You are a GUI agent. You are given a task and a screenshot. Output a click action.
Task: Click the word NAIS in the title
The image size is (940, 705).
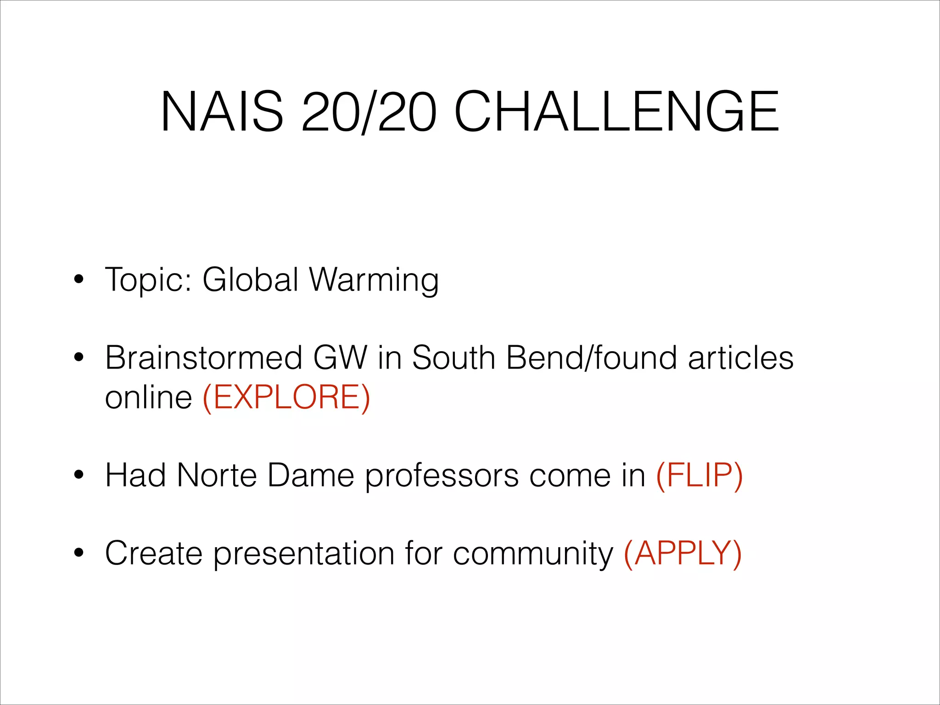pyautogui.click(x=222, y=112)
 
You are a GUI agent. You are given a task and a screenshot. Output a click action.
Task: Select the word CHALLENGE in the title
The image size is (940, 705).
pyautogui.click(x=616, y=112)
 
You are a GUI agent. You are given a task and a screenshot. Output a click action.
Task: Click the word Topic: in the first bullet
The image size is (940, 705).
pyautogui.click(x=148, y=280)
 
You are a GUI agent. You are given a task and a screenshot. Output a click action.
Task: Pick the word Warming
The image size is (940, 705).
pyautogui.click(x=374, y=280)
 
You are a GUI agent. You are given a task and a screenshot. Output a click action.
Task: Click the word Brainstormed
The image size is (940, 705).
pyautogui.click(x=203, y=358)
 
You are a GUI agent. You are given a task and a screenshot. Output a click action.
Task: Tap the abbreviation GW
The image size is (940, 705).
pyautogui.click(x=340, y=358)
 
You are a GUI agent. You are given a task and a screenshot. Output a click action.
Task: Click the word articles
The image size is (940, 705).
pyautogui.click(x=740, y=358)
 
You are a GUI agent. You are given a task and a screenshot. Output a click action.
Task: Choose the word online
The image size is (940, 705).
pyautogui.click(x=148, y=397)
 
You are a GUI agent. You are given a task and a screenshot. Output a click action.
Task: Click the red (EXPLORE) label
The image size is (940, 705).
pyautogui.click(x=286, y=397)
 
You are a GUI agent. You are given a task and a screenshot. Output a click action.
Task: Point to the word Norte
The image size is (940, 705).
pyautogui.click(x=217, y=475)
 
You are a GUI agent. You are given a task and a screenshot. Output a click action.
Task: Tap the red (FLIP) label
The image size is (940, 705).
pyautogui.click(x=699, y=475)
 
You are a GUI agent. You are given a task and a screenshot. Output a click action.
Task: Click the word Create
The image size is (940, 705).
pyautogui.click(x=153, y=553)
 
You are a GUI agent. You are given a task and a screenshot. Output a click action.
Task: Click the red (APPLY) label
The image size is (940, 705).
pyautogui.click(x=683, y=554)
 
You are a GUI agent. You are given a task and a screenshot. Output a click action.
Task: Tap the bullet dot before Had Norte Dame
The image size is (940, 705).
pyautogui.click(x=79, y=476)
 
